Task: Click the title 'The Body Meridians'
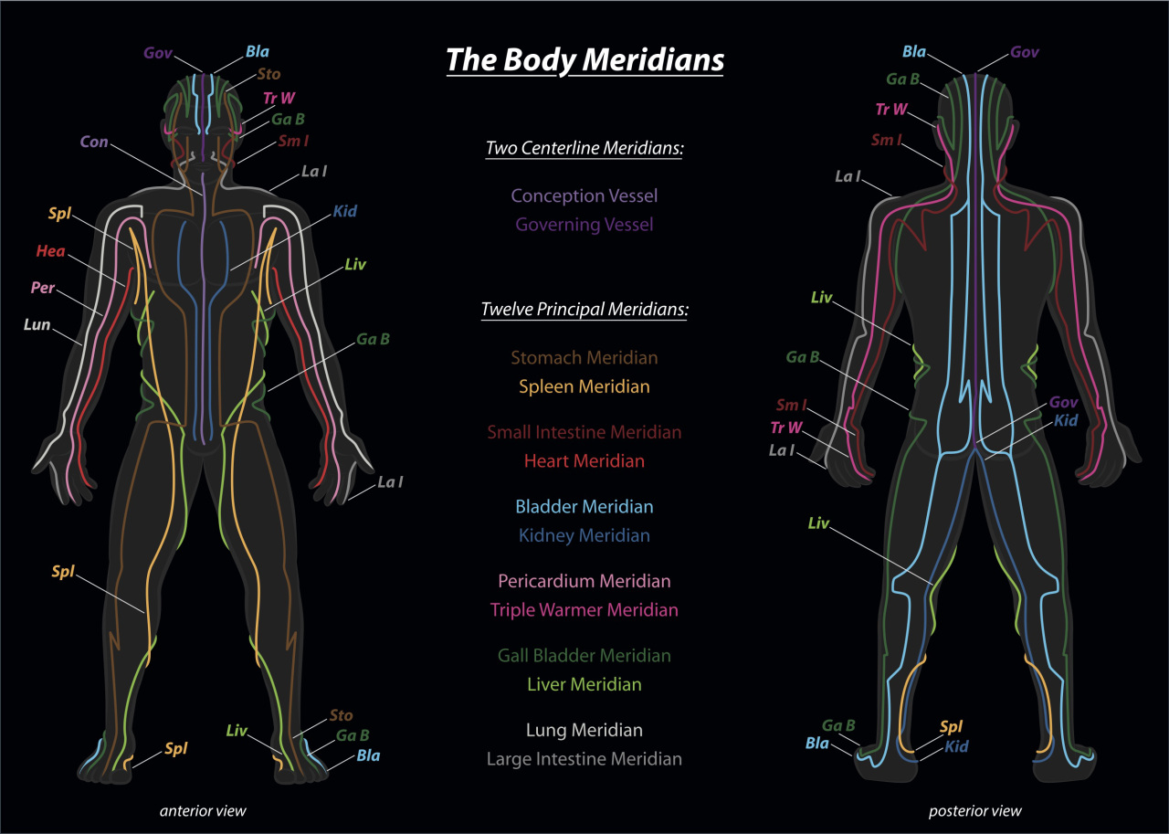pyautogui.click(x=585, y=60)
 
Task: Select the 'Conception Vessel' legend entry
pyautogui.click(x=584, y=195)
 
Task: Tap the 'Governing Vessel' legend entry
pyautogui.click(x=584, y=225)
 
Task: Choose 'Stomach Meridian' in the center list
pyautogui.click(x=584, y=357)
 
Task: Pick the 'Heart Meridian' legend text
pyautogui.click(x=584, y=460)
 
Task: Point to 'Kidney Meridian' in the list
pyautogui.click(x=584, y=535)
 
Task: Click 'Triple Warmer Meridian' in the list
pyautogui.click(x=584, y=610)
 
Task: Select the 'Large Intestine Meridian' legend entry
pyautogui.click(x=584, y=759)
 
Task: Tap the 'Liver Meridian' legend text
pyautogui.click(x=584, y=684)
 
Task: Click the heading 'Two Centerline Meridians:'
pyautogui.click(x=584, y=148)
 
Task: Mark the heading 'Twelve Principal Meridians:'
pyautogui.click(x=584, y=310)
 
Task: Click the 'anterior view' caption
pyautogui.click(x=203, y=811)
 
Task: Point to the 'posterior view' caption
pyautogui.click(x=974, y=811)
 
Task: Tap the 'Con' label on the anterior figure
pyautogui.click(x=94, y=142)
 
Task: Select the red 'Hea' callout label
pyautogui.click(x=50, y=251)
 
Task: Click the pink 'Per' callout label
pyautogui.click(x=43, y=288)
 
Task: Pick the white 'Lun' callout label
pyautogui.click(x=37, y=324)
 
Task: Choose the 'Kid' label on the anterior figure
pyautogui.click(x=345, y=211)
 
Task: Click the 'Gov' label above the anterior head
pyautogui.click(x=158, y=53)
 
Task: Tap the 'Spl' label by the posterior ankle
pyautogui.click(x=951, y=727)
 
